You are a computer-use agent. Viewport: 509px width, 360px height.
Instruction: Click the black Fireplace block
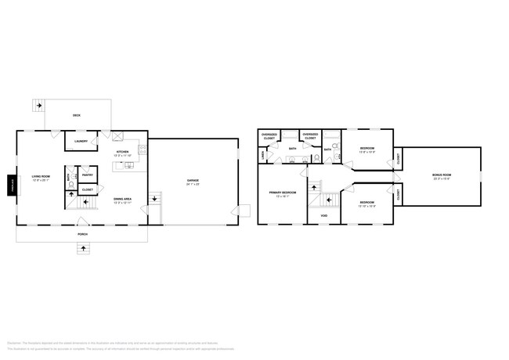(x=12, y=185)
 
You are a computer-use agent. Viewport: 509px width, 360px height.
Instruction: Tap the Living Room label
(x=41, y=178)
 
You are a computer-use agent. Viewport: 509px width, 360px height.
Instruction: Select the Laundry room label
(x=81, y=142)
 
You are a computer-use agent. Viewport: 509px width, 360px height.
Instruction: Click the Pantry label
(x=88, y=176)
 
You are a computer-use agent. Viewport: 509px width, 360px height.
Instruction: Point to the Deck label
(x=77, y=116)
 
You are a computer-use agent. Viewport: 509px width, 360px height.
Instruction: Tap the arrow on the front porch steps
(x=82, y=248)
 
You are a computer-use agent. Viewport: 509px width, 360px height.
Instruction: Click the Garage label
(x=192, y=182)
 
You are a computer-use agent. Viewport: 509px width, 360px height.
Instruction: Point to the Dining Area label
(x=122, y=200)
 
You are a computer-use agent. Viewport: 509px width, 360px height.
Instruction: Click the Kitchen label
(x=122, y=153)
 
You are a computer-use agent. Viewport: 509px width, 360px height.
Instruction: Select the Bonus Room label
(x=442, y=175)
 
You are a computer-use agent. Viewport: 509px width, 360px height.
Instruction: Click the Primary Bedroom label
(x=282, y=193)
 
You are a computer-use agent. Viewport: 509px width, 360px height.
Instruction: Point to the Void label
(x=323, y=215)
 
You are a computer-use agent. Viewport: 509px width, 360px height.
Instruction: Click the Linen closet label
(x=262, y=155)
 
